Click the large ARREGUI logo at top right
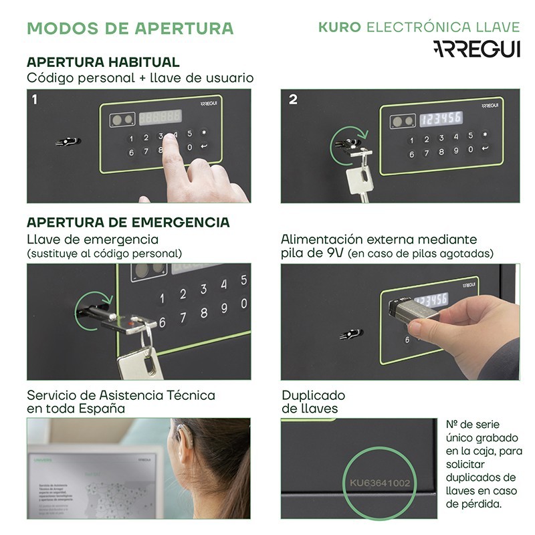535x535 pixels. (x=475, y=49)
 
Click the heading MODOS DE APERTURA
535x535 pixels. (x=130, y=28)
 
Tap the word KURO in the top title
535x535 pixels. (x=339, y=27)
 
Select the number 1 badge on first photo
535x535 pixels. (x=34, y=100)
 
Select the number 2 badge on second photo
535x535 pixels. (x=292, y=100)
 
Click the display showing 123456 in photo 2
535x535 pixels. (x=441, y=118)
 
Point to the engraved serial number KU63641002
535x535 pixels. (x=380, y=482)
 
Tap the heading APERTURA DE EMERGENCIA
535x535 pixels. (x=128, y=222)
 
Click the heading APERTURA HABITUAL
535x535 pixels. (x=103, y=62)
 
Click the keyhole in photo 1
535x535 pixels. (x=69, y=142)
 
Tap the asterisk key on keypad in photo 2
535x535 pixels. (x=485, y=134)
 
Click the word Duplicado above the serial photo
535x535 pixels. (x=313, y=395)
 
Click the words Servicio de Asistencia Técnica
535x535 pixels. (x=121, y=395)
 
